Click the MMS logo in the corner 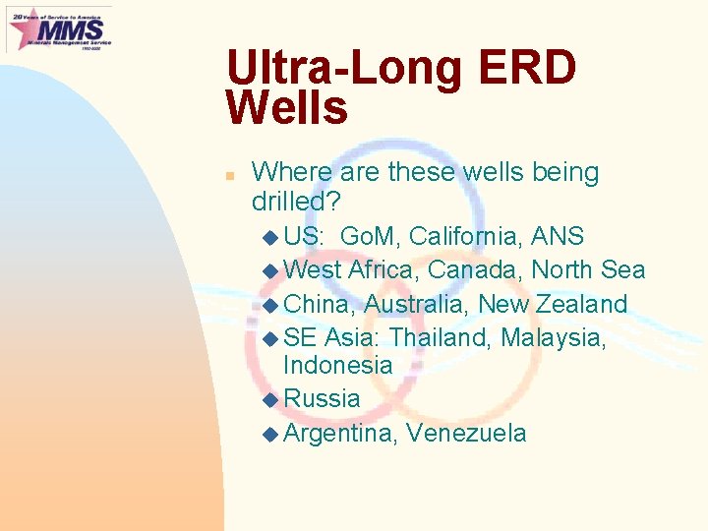click(59, 29)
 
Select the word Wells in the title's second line click(286, 108)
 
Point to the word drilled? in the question click(296, 203)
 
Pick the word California click(465, 237)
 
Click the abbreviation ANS click(558, 237)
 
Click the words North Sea click(588, 270)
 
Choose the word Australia click(417, 304)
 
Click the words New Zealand click(553, 304)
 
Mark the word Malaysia click(553, 337)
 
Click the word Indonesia click(337, 365)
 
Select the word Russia click(322, 399)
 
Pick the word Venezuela click(465, 433)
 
